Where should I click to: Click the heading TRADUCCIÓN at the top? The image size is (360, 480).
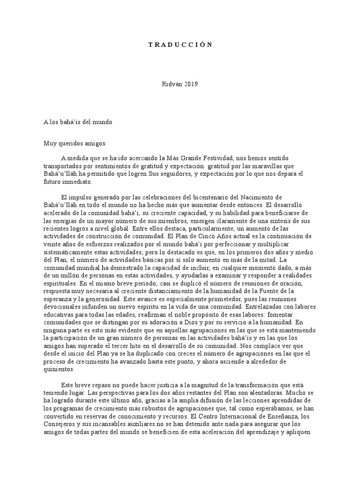coord(180,45)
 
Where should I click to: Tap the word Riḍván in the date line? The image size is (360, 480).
coord(170,84)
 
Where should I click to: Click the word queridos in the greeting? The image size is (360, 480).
coord(70,144)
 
